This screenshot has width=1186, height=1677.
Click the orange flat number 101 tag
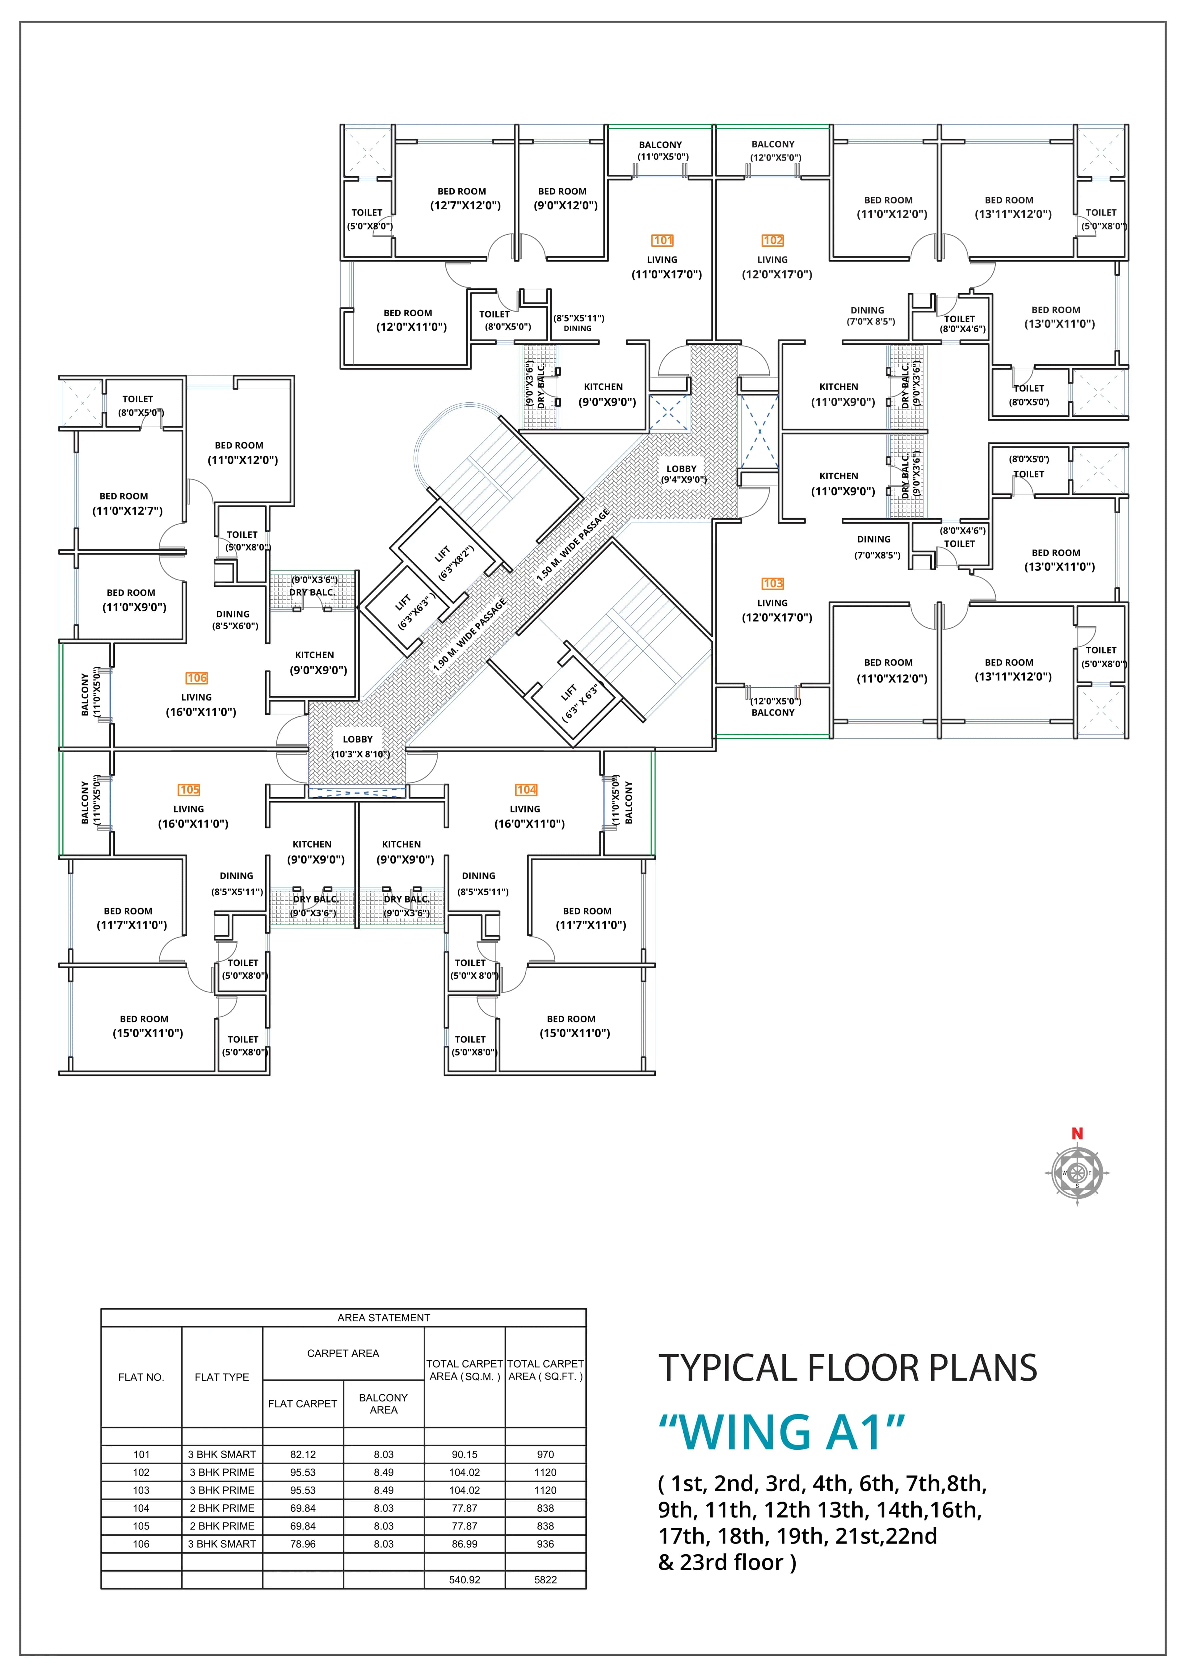point(662,240)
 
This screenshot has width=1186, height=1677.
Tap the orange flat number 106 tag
point(196,678)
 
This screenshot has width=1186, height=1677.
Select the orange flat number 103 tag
point(772,584)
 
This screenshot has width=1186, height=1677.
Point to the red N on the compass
point(1076,1134)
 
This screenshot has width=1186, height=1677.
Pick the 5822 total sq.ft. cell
point(545,1579)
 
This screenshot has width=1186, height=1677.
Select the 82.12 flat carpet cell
point(303,1454)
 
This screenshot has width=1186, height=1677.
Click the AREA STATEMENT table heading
point(384,1318)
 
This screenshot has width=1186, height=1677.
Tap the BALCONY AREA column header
point(384,1403)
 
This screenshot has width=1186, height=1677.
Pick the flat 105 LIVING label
point(188,809)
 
